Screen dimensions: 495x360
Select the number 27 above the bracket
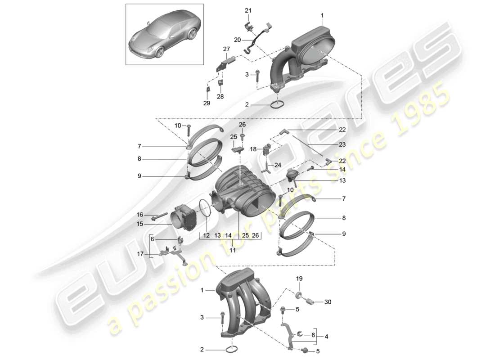click(226, 49)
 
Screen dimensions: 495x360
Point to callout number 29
click(207, 103)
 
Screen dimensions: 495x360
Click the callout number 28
click(220, 97)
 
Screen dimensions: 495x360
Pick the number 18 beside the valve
click(253, 148)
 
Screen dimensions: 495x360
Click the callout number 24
click(277, 165)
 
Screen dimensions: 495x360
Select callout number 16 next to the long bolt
click(140, 215)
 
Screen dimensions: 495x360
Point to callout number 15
click(140, 223)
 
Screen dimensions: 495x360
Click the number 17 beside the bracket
click(140, 254)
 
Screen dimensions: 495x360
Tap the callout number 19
click(300, 279)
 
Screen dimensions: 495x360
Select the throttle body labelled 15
click(184, 218)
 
